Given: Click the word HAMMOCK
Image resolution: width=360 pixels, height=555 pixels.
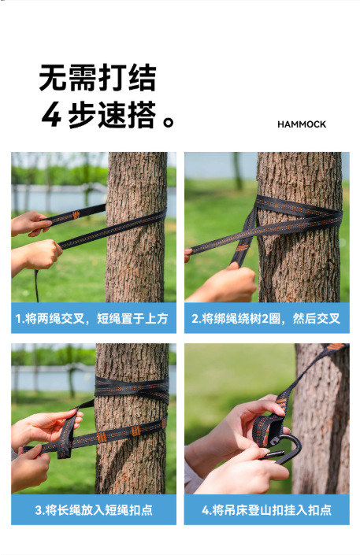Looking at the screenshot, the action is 302,124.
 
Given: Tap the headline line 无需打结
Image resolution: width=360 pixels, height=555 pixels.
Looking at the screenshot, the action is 98,77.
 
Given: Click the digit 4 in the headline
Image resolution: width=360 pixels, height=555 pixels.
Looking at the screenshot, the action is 51,114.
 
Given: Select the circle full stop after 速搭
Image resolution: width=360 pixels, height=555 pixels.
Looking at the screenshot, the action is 168,122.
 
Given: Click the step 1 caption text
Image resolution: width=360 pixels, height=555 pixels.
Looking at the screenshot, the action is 91,318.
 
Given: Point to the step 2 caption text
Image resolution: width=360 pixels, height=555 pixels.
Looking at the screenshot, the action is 265,318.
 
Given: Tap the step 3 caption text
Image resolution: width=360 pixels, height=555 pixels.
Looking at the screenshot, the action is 94,510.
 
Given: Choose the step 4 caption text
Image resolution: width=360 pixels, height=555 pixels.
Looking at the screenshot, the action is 266,510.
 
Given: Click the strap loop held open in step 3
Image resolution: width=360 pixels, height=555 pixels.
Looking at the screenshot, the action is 67,434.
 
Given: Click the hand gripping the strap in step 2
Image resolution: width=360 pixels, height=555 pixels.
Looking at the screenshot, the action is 227,283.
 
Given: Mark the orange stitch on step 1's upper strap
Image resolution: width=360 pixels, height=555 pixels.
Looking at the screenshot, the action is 76,214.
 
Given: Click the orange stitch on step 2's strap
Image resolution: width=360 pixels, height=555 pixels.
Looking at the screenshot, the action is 243,248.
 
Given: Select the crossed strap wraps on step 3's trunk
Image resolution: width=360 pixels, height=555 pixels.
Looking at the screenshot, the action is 132,390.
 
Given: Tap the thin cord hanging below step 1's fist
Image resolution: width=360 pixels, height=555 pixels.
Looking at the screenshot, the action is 36,286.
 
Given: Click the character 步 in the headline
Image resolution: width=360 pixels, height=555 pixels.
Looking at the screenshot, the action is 81,114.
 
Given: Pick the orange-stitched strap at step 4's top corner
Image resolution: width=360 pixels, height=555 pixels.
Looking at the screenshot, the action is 335,348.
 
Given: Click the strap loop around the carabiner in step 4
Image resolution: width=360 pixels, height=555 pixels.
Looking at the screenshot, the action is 269,429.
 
